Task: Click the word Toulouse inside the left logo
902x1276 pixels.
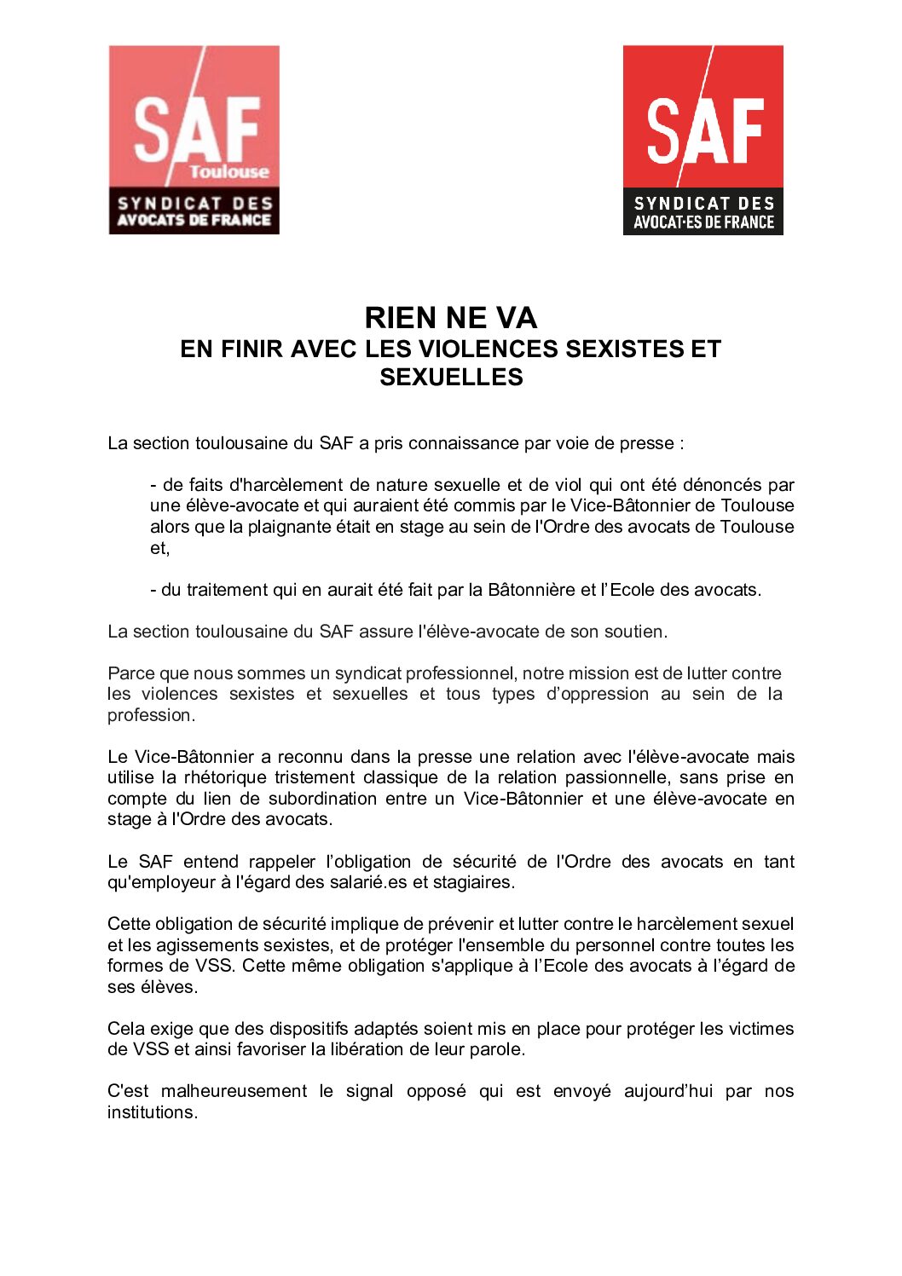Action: coord(228,171)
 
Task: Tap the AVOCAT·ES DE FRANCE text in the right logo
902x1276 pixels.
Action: coord(703,222)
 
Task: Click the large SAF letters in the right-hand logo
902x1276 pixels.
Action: coord(704,130)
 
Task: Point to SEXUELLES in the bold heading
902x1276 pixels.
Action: coord(451,377)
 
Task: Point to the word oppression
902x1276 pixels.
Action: coord(603,694)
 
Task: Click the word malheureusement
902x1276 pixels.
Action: coord(234,1091)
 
